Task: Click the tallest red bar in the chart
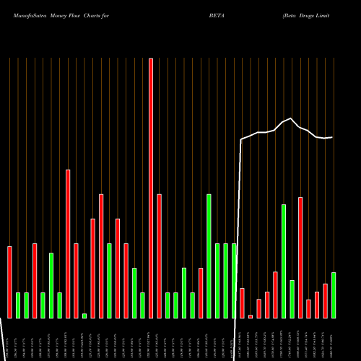click(x=151, y=188)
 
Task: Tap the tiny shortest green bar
click(x=84, y=316)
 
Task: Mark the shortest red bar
click(x=251, y=316)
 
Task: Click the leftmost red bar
click(x=10, y=282)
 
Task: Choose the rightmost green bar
click(x=333, y=295)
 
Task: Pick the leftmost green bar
click(x=18, y=305)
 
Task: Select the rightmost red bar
click(x=325, y=300)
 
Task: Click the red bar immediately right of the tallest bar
click(x=159, y=256)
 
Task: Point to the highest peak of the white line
click(x=290, y=118)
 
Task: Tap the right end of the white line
click(x=332, y=137)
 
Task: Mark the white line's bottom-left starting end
click(x=7, y=318)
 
